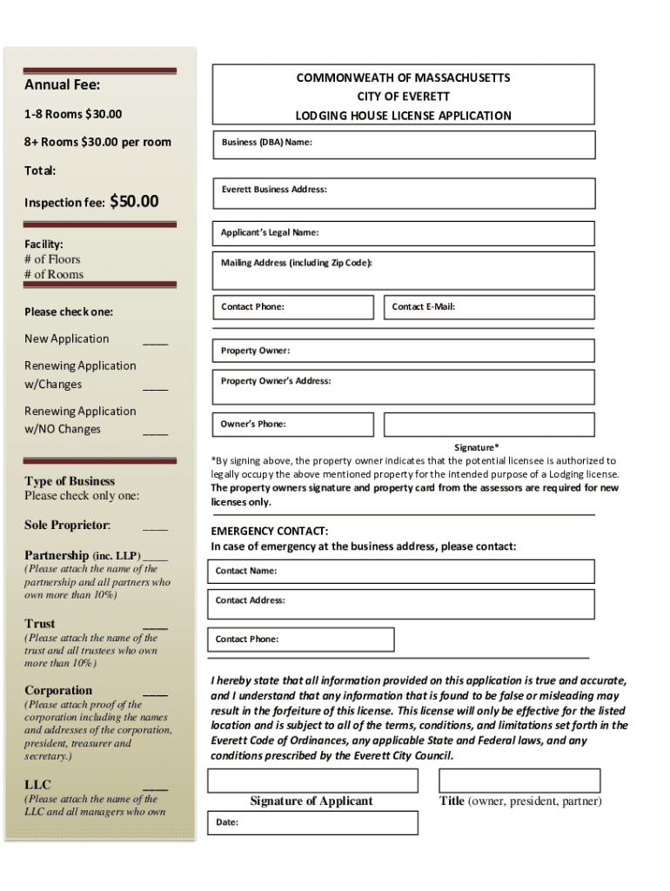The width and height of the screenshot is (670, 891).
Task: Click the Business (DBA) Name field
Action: coord(404,144)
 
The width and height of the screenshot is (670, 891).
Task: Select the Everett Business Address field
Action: coord(404,192)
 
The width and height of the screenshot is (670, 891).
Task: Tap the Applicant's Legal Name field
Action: coord(404,233)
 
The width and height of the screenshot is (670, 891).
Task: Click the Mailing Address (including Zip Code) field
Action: coord(404,271)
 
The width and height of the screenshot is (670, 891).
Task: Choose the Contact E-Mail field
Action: coord(489,307)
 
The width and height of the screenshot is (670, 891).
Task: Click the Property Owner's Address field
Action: coord(404,387)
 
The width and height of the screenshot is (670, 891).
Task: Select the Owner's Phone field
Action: coord(293,425)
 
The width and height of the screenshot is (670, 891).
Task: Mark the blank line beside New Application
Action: coord(156,340)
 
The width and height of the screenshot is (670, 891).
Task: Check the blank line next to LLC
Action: coord(156,786)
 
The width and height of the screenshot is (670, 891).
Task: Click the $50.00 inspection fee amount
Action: coord(135,202)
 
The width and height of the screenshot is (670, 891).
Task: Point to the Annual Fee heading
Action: coord(62,85)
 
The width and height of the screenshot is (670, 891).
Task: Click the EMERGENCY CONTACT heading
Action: coord(270,531)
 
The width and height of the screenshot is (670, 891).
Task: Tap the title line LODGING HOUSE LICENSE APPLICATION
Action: coord(403,116)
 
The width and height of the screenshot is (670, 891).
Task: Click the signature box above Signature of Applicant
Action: coord(311,780)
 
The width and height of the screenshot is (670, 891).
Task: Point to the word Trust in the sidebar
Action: coord(40,624)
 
